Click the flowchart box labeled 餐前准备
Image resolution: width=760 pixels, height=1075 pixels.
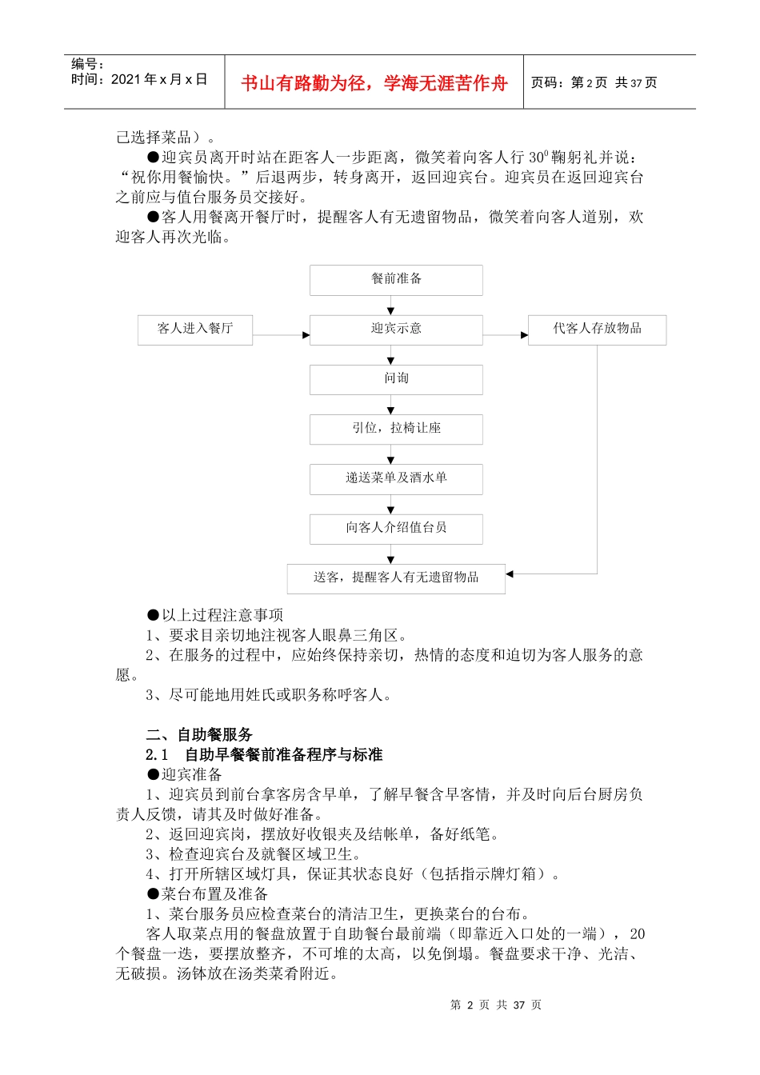[x=396, y=279]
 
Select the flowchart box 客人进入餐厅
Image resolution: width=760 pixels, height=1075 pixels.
[x=195, y=329]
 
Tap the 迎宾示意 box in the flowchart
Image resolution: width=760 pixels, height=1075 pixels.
[x=396, y=329]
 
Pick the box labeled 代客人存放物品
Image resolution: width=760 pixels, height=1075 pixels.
[x=597, y=329]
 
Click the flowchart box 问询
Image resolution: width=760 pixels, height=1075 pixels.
[x=396, y=378]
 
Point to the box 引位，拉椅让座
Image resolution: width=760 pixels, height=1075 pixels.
[x=396, y=429]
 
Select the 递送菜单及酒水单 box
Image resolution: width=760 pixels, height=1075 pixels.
[x=396, y=478]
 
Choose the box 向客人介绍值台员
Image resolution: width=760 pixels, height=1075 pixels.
[x=396, y=528]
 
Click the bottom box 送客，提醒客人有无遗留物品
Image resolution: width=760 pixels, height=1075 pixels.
[x=396, y=577]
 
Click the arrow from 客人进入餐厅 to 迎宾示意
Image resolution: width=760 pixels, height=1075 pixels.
[x=281, y=335]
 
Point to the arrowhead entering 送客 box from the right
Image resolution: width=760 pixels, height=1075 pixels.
[x=510, y=573]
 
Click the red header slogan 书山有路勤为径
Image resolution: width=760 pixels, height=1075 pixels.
[x=374, y=83]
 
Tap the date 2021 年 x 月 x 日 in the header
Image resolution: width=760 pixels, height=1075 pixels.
[x=139, y=80]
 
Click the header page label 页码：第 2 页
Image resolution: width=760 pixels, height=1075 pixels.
[x=569, y=83]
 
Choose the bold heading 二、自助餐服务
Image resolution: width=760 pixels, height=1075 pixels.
[x=199, y=734]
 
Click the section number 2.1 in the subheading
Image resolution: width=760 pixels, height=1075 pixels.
[x=157, y=754]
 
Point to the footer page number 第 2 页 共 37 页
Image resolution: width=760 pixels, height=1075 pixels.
[x=496, y=1005]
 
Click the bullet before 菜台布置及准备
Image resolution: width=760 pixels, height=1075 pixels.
[x=153, y=894]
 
